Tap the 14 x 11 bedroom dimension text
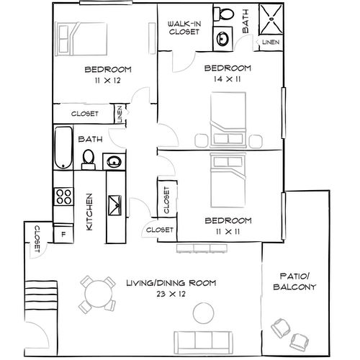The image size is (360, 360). point(227,80)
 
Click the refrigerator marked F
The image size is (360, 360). point(63,233)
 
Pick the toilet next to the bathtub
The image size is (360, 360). point(89,158)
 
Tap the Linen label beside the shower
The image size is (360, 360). point(270,42)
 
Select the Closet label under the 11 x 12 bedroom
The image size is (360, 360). point(84,114)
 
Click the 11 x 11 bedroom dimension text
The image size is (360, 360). point(227,231)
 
